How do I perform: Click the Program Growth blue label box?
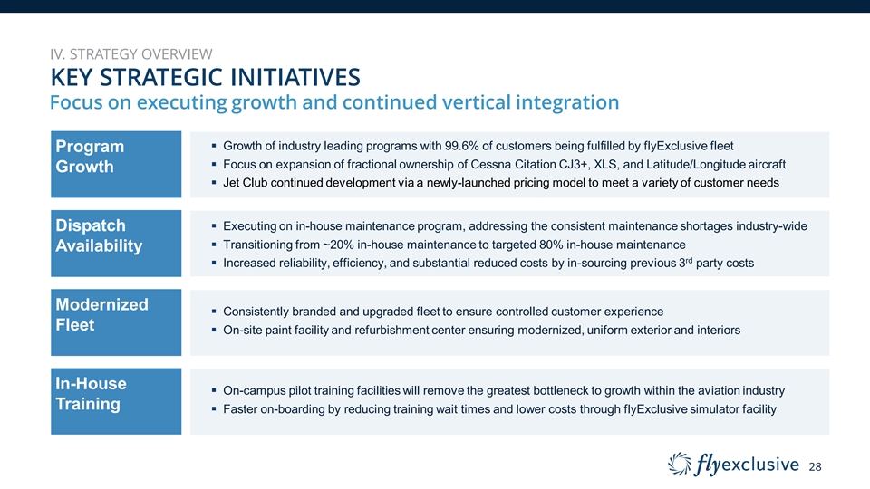coord(116,164)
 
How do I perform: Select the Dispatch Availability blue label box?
coord(116,244)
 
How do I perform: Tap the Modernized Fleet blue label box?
coord(116,322)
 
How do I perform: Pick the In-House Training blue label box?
coord(116,401)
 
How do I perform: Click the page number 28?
coord(815,467)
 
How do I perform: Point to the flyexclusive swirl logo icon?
coord(680,464)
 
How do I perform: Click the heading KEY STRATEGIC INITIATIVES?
coord(206,77)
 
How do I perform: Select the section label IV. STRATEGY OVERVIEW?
coord(130,53)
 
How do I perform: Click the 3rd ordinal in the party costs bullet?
coord(686,263)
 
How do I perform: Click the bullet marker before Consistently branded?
coord(214,312)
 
